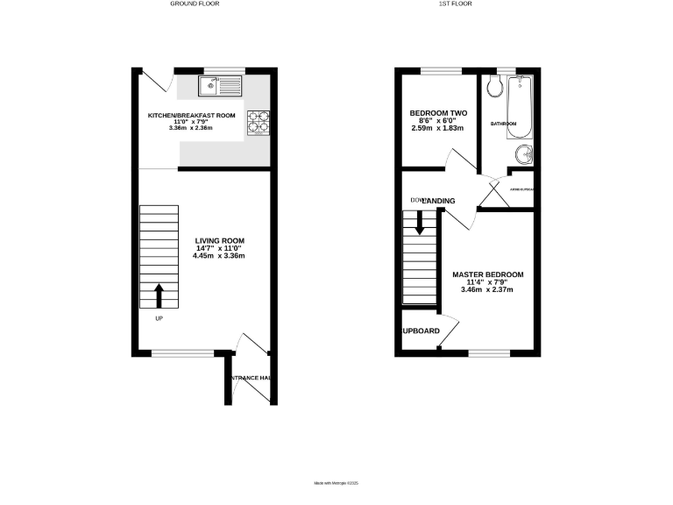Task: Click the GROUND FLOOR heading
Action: (x=195, y=4)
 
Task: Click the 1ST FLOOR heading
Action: (x=457, y=4)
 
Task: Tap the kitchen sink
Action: (x=220, y=85)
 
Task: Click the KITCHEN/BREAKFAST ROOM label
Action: (x=191, y=116)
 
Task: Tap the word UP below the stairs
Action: (x=159, y=318)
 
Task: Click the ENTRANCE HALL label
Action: (x=251, y=378)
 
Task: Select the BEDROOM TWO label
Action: (x=438, y=113)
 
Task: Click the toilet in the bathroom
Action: (x=492, y=86)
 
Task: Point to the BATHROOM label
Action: (x=504, y=124)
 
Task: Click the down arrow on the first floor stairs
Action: (x=420, y=224)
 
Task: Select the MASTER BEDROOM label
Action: (x=487, y=274)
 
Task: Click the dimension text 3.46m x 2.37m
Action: (x=487, y=289)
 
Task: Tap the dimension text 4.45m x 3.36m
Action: (x=219, y=256)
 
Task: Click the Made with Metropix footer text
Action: (x=336, y=482)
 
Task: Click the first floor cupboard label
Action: (x=421, y=331)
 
